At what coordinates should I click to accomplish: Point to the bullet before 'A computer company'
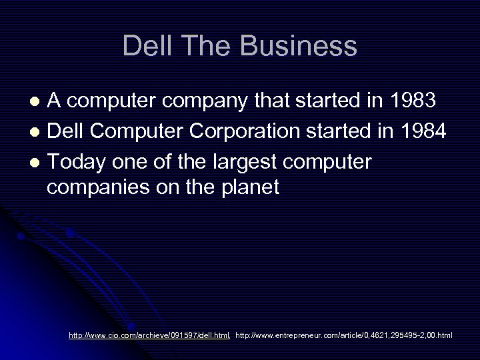click(39, 102)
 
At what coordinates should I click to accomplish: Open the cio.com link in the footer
click(149, 335)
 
